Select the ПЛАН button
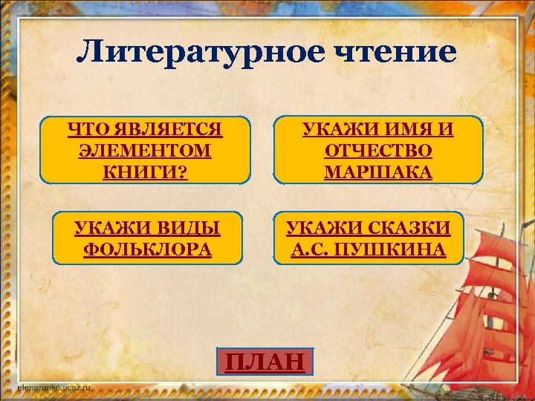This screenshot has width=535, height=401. (x=265, y=362)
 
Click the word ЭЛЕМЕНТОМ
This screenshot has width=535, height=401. (x=144, y=150)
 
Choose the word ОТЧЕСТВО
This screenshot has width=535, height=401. (x=378, y=151)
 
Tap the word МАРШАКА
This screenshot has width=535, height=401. (x=378, y=172)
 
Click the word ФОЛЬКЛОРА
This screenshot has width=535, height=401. (x=148, y=249)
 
